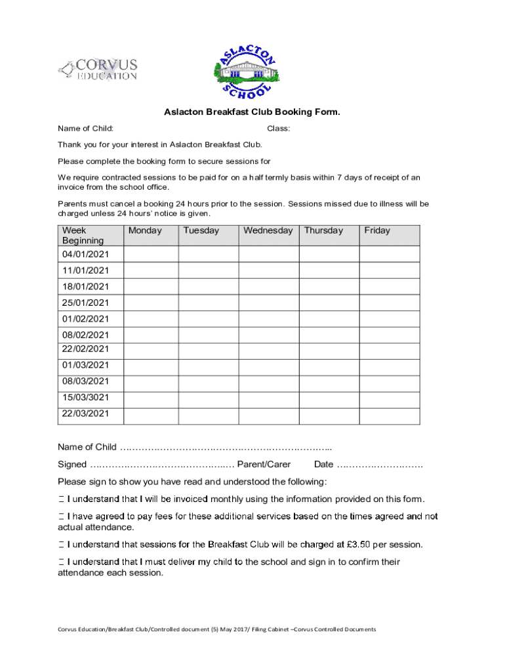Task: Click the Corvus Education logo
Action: [98, 69]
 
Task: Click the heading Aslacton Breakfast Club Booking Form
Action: [252, 112]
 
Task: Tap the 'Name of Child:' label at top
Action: [85, 128]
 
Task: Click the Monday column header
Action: [145, 231]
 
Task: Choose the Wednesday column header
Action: [268, 231]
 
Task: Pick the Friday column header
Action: [377, 231]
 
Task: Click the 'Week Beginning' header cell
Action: [83, 236]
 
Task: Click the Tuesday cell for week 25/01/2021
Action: [208, 303]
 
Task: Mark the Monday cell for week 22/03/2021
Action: [150, 416]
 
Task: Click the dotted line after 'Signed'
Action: [161, 465]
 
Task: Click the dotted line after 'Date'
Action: [380, 465]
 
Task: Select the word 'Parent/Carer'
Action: [264, 465]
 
